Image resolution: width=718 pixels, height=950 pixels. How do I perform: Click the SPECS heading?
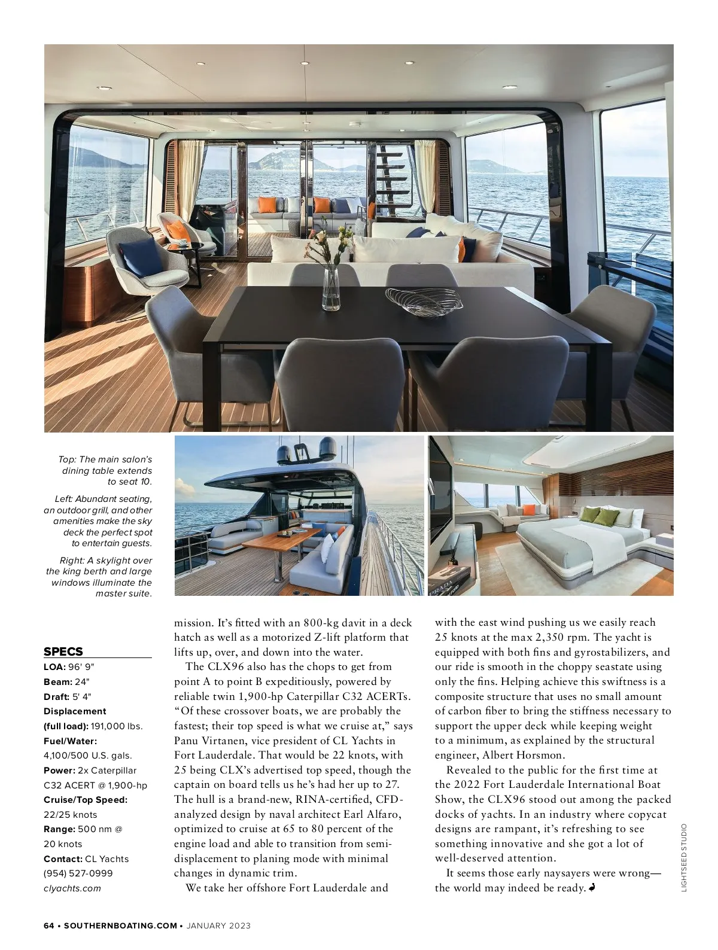pos(63,651)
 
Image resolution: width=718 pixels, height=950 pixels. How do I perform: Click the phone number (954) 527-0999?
pos(78,873)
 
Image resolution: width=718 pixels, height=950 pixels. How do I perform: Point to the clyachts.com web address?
pos(72,888)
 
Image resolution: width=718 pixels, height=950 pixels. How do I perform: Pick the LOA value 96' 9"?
pos(80,666)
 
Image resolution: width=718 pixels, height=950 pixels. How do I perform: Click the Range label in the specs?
pos(59,829)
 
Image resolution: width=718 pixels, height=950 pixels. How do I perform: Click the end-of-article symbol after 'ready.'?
pos(592,888)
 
